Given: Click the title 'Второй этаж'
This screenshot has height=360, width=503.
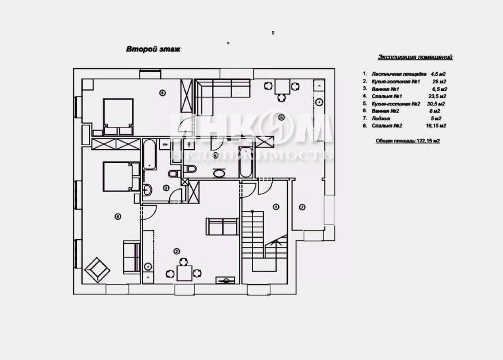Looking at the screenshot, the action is pyautogui.click(x=153, y=49).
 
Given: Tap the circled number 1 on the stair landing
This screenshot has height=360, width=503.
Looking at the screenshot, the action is pyautogui.click(x=276, y=207).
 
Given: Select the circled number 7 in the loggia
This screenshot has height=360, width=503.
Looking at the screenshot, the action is pyautogui.click(x=302, y=207).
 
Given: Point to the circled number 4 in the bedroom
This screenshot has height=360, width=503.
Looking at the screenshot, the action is pyautogui.click(x=118, y=216).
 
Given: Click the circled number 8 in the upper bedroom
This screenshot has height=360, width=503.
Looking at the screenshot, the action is pyautogui.click(x=162, y=93).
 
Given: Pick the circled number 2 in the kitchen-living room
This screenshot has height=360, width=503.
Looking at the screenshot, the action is pyautogui.click(x=176, y=251).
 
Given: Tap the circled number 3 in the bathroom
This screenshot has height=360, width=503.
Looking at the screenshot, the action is pyautogui.click(x=166, y=188).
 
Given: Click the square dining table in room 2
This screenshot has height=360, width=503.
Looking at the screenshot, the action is pyautogui.click(x=184, y=273).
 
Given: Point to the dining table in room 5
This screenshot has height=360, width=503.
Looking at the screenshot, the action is pyautogui.click(x=282, y=86).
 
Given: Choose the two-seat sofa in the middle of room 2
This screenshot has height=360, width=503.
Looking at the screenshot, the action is pyautogui.click(x=222, y=226).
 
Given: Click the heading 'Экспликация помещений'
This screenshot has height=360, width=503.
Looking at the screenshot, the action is pyautogui.click(x=415, y=57).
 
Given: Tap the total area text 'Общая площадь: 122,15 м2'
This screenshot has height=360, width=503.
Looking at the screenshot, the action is pyautogui.click(x=407, y=141).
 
